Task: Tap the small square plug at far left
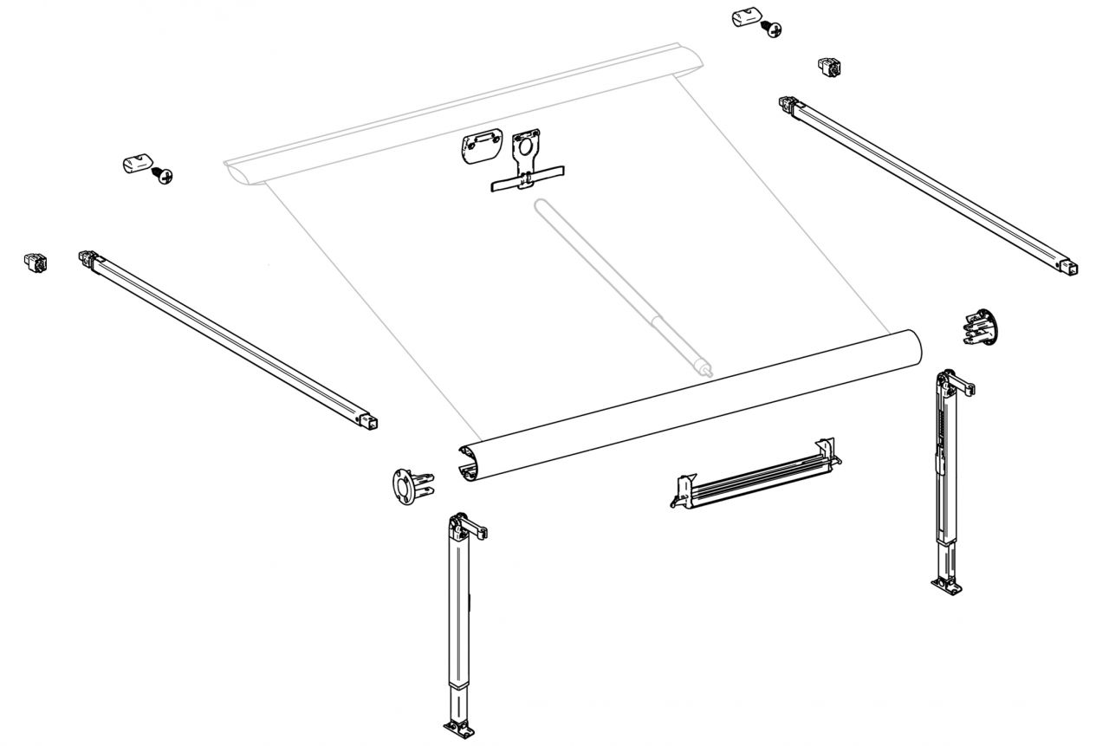click(x=35, y=261)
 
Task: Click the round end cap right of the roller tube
click(x=980, y=327)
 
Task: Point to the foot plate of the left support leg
click(x=458, y=727)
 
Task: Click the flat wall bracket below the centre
click(x=754, y=476)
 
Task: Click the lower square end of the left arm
click(x=372, y=422)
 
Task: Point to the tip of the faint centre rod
click(x=708, y=370)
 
